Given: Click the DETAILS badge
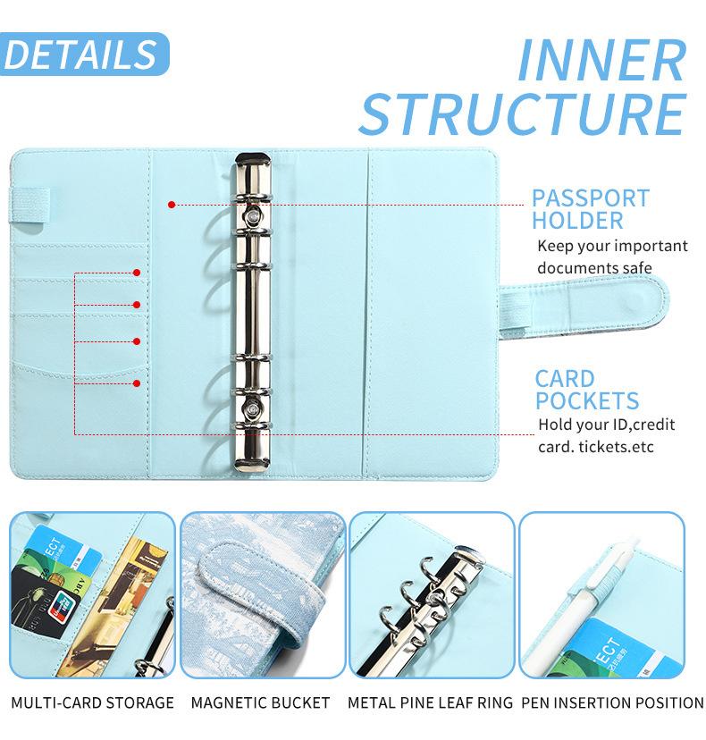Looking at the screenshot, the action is (x=81, y=55).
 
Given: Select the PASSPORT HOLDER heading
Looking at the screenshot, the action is (x=590, y=209).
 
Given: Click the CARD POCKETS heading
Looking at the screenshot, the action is (x=586, y=390).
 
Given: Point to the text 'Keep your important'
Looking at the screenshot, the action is (x=612, y=246).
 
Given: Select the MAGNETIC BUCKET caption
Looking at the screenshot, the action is (x=260, y=702).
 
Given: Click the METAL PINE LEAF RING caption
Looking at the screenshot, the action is (x=430, y=702).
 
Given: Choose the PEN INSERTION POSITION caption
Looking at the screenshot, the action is (x=612, y=702).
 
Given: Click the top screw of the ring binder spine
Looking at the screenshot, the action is (x=255, y=216).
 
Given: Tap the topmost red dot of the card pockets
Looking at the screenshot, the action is (x=137, y=272).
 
